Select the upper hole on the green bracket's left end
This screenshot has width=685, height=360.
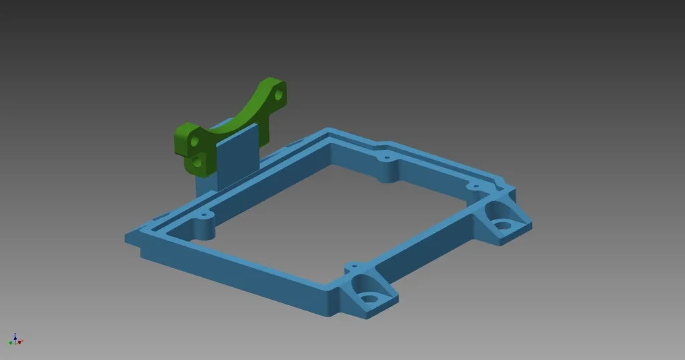[194, 143]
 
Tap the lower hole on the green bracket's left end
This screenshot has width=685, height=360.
[197, 161]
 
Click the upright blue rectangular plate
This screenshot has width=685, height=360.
[237, 158]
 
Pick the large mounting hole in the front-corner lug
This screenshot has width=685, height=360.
[367, 297]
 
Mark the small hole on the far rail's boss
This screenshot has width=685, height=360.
[386, 159]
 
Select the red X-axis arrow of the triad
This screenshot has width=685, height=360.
[20, 342]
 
